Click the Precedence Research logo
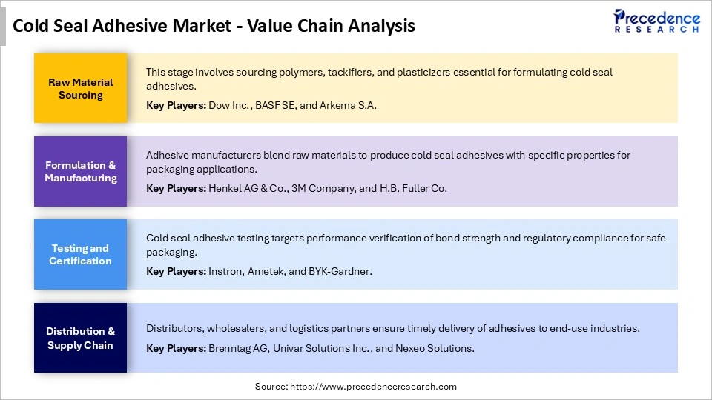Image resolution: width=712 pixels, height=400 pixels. (656, 21)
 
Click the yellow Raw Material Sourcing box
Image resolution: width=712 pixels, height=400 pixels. (80, 88)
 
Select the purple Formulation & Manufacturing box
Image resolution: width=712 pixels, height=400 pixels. (80, 171)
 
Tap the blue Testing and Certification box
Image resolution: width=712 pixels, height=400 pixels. (80, 254)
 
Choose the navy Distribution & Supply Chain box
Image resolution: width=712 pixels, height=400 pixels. (80, 337)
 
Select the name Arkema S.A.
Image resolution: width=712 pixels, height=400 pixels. (349, 105)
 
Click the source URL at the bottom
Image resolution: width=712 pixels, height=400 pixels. (372, 387)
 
